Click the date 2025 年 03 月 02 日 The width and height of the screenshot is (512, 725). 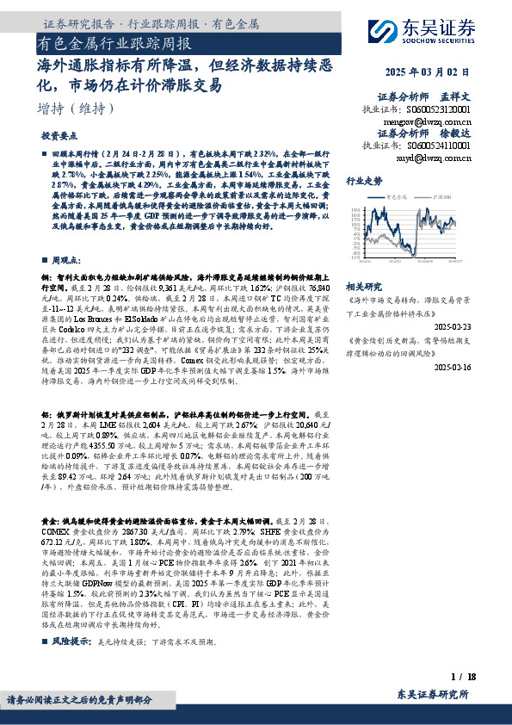click(429, 72)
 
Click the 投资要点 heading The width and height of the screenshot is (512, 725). click(59, 136)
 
